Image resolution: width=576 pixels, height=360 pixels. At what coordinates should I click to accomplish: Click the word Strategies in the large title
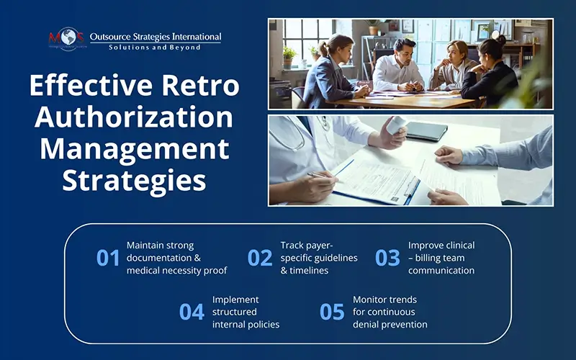coord(134,179)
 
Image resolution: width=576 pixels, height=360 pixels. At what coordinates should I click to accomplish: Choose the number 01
coord(108,258)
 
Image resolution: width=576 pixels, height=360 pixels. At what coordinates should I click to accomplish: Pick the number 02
coord(260,258)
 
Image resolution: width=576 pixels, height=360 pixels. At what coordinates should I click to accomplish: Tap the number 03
coord(387,258)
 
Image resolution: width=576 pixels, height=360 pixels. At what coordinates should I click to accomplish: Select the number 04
coord(192,311)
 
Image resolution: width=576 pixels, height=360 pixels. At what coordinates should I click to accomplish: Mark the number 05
coord(332,311)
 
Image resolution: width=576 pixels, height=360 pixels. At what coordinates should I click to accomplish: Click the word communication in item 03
coord(441,270)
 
